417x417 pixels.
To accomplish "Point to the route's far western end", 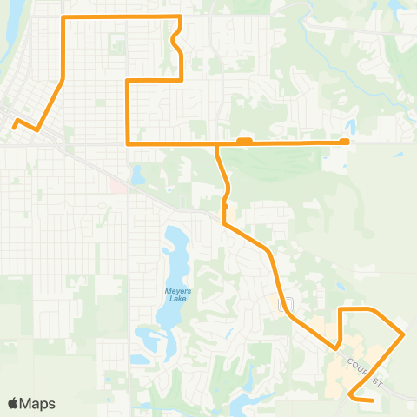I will tap(14, 126).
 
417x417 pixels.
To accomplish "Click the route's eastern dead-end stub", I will tap(345, 142).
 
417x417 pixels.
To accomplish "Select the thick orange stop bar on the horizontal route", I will tap(244, 140).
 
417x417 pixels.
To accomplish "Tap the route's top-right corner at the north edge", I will tap(180, 17).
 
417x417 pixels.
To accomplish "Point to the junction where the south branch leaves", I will tap(216, 143).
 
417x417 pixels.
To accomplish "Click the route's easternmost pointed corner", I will tap(403, 333).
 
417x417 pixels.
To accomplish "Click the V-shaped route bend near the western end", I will tap(36, 129).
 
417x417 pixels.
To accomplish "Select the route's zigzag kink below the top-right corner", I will tap(176, 40).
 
